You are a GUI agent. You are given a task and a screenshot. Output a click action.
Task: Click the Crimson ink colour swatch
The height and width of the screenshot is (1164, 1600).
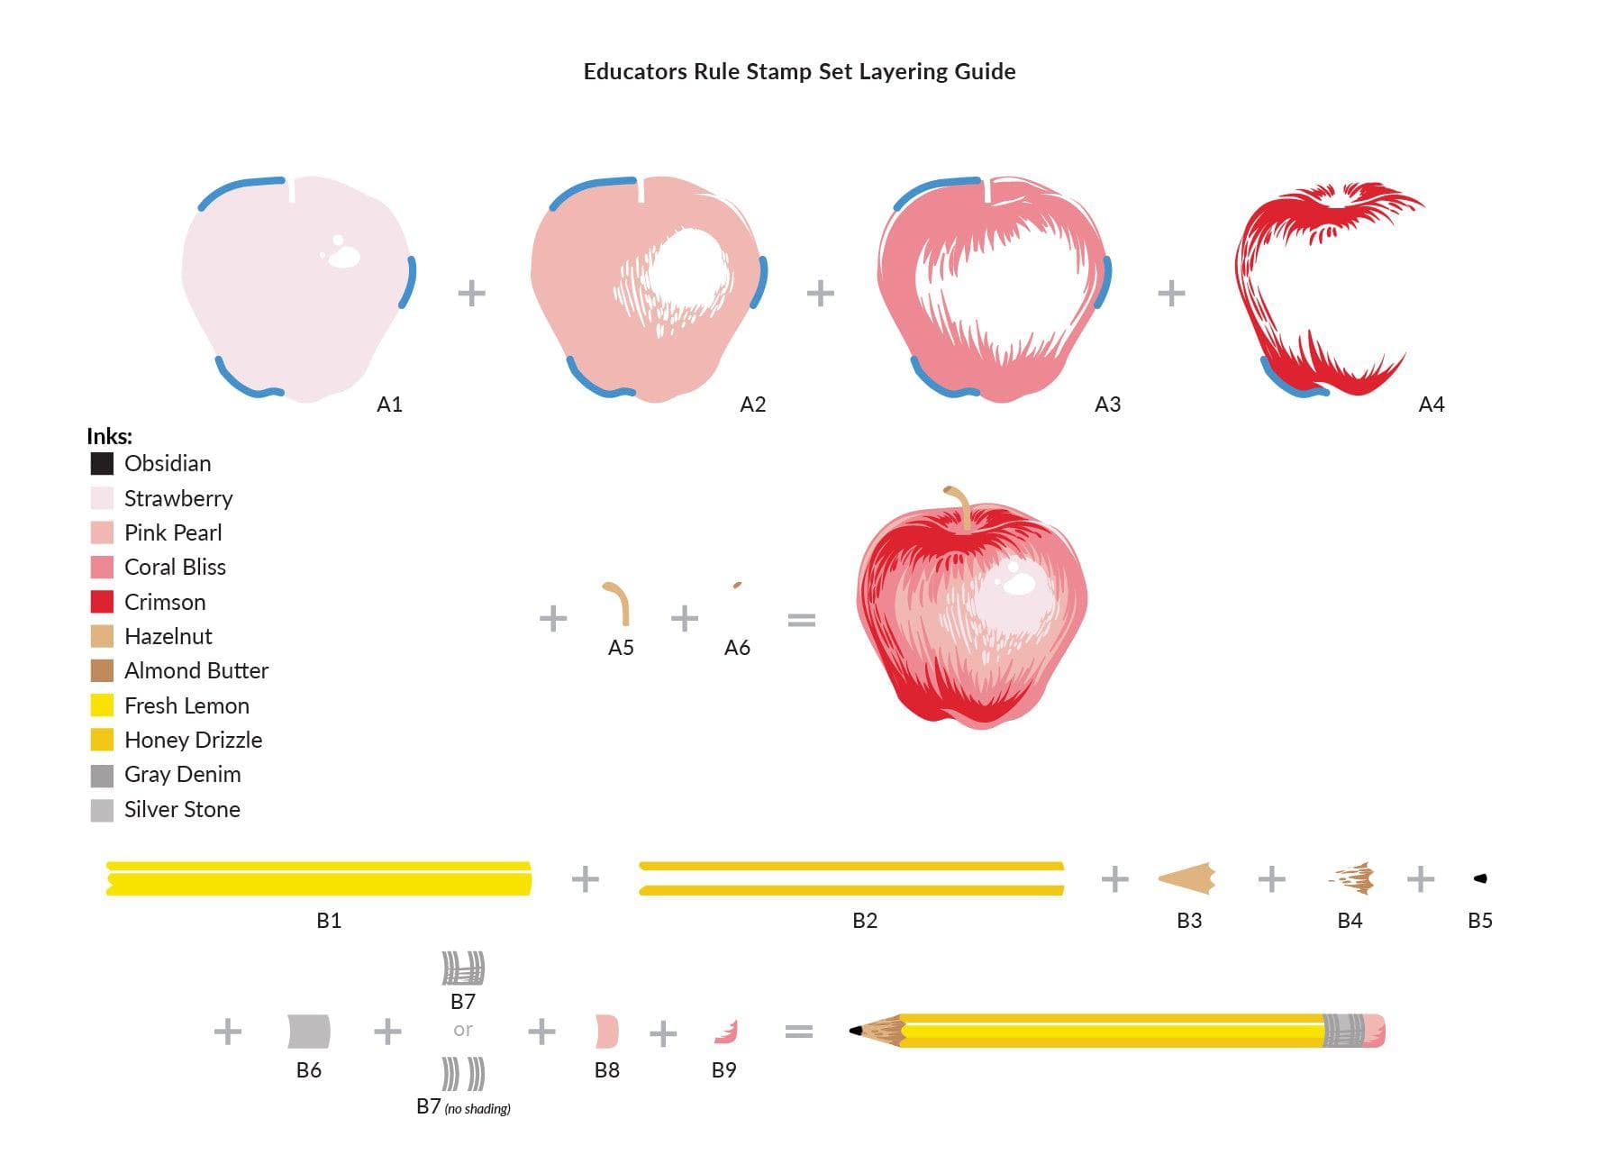click(x=102, y=602)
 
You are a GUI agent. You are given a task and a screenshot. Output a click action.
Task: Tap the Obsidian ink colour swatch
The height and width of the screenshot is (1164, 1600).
click(x=102, y=464)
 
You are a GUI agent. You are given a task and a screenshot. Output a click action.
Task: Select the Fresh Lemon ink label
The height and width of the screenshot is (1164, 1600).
click(x=186, y=705)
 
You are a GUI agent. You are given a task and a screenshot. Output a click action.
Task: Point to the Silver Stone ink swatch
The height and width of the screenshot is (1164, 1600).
click(x=102, y=810)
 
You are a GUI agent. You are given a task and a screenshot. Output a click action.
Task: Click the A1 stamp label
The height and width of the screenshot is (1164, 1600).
click(x=389, y=405)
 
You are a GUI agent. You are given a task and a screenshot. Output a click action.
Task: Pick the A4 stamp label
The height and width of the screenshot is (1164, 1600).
click(x=1431, y=405)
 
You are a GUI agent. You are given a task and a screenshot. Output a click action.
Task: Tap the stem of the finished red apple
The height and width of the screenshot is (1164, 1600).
click(x=960, y=505)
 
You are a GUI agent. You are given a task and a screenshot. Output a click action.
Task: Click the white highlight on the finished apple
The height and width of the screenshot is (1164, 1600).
click(x=1019, y=584)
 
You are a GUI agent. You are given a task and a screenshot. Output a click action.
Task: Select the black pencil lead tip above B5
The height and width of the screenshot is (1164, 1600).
click(x=1479, y=878)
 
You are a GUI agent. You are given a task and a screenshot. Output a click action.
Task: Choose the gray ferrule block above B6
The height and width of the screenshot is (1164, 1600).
click(x=309, y=1032)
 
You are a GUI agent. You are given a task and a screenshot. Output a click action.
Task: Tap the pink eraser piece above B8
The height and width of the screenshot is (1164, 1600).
click(x=607, y=1032)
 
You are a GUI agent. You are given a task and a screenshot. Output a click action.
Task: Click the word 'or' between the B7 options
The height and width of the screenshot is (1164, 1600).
click(x=463, y=1030)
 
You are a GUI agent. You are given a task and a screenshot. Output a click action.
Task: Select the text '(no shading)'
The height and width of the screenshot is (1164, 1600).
click(x=477, y=1108)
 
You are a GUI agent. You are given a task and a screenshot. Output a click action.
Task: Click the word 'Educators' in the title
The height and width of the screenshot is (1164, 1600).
click(x=634, y=72)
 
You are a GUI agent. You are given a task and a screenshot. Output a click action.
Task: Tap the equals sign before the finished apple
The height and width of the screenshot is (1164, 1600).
click(x=801, y=620)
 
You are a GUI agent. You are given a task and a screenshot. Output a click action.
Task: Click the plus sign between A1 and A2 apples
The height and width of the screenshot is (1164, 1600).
click(x=471, y=293)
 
